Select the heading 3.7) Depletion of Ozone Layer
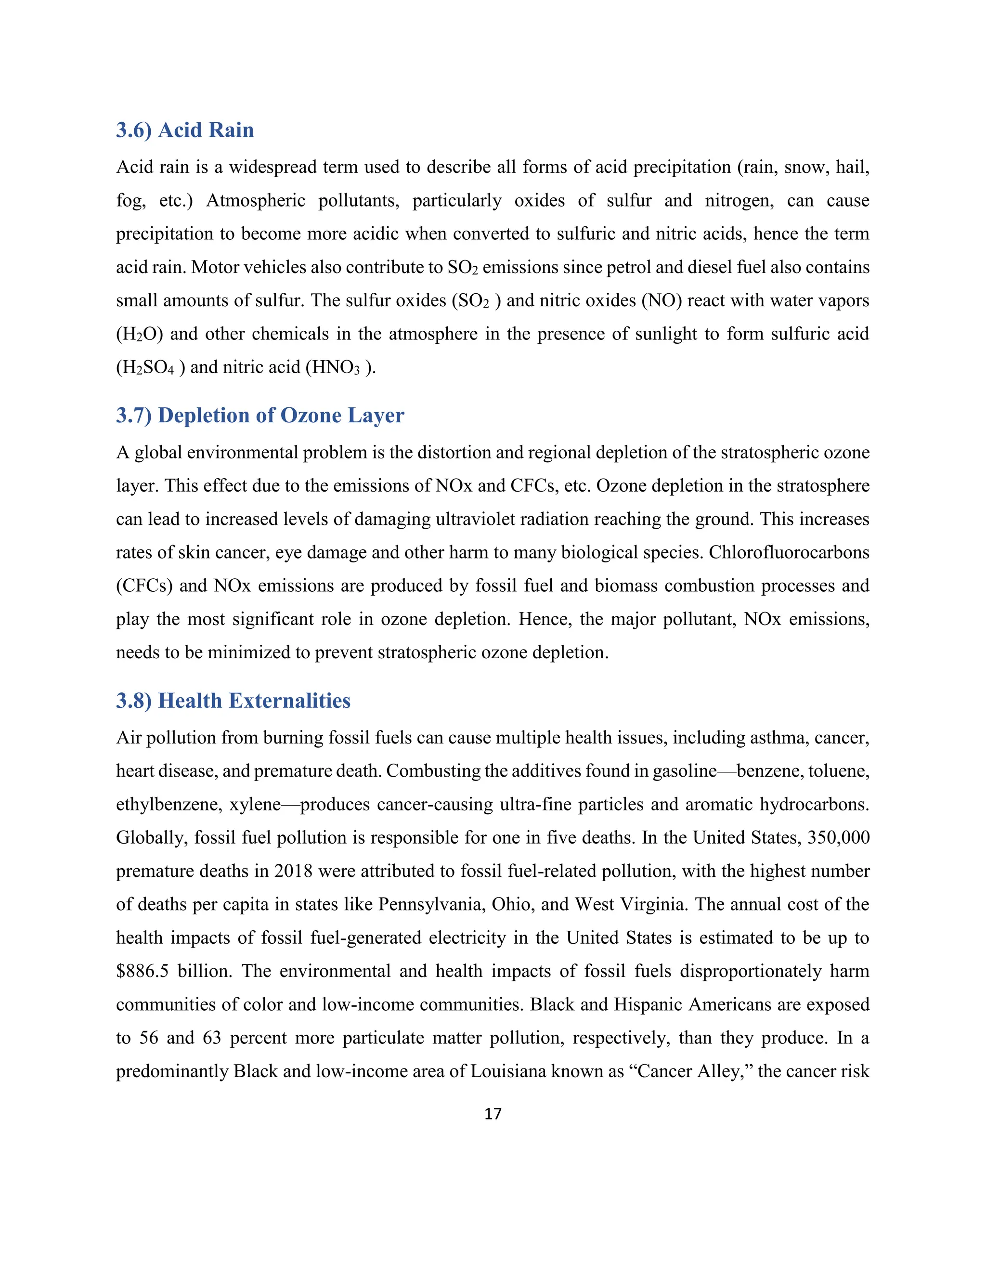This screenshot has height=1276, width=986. [260, 416]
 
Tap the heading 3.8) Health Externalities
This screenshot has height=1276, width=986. [233, 701]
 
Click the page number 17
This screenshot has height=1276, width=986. [493, 1114]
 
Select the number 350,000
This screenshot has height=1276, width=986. [838, 838]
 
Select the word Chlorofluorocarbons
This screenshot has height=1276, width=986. [789, 553]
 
